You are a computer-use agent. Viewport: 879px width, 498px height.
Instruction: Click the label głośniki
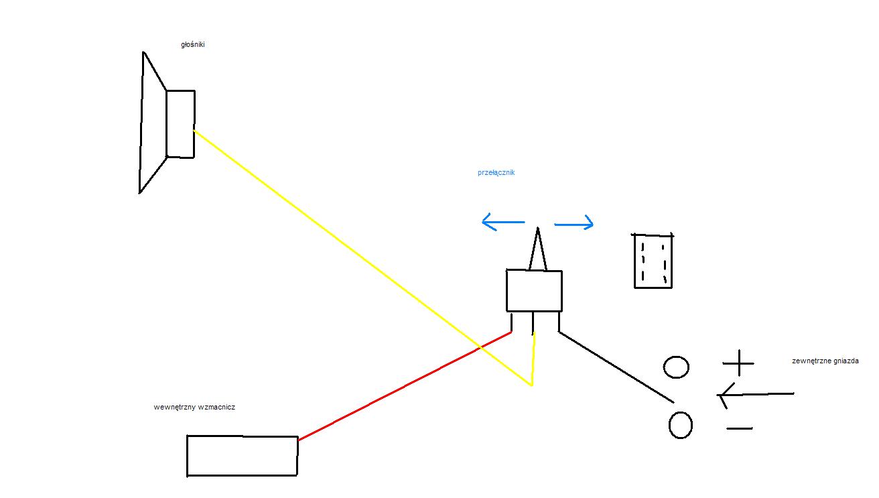tap(193, 45)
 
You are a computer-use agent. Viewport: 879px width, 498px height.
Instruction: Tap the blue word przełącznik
tap(496, 173)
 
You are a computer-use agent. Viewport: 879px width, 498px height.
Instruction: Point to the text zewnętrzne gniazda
tap(825, 361)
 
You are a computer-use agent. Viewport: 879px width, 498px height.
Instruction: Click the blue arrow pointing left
tap(503, 222)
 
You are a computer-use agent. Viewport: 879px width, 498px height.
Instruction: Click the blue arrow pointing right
tap(573, 225)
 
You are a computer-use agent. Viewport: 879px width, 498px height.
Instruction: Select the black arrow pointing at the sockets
tap(756, 394)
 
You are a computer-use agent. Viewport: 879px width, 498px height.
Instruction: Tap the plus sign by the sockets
tap(738, 363)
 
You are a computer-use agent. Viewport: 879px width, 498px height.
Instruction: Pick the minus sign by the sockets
tap(740, 428)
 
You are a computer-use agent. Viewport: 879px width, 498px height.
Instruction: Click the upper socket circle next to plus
tap(665, 367)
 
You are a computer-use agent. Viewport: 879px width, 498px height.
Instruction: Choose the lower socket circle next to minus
tap(670, 425)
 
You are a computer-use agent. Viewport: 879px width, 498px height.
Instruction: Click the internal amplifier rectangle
tap(187, 456)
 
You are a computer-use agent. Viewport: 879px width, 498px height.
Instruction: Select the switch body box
tap(506, 291)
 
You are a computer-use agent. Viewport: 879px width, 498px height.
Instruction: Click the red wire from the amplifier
tap(405, 386)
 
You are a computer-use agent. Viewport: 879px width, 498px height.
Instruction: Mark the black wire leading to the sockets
tap(616, 367)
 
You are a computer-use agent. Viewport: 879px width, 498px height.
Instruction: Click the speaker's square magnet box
tap(167, 124)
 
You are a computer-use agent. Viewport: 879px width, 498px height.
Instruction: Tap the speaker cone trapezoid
tap(141, 123)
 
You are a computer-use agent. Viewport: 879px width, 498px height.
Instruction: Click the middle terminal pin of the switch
tap(533, 323)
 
